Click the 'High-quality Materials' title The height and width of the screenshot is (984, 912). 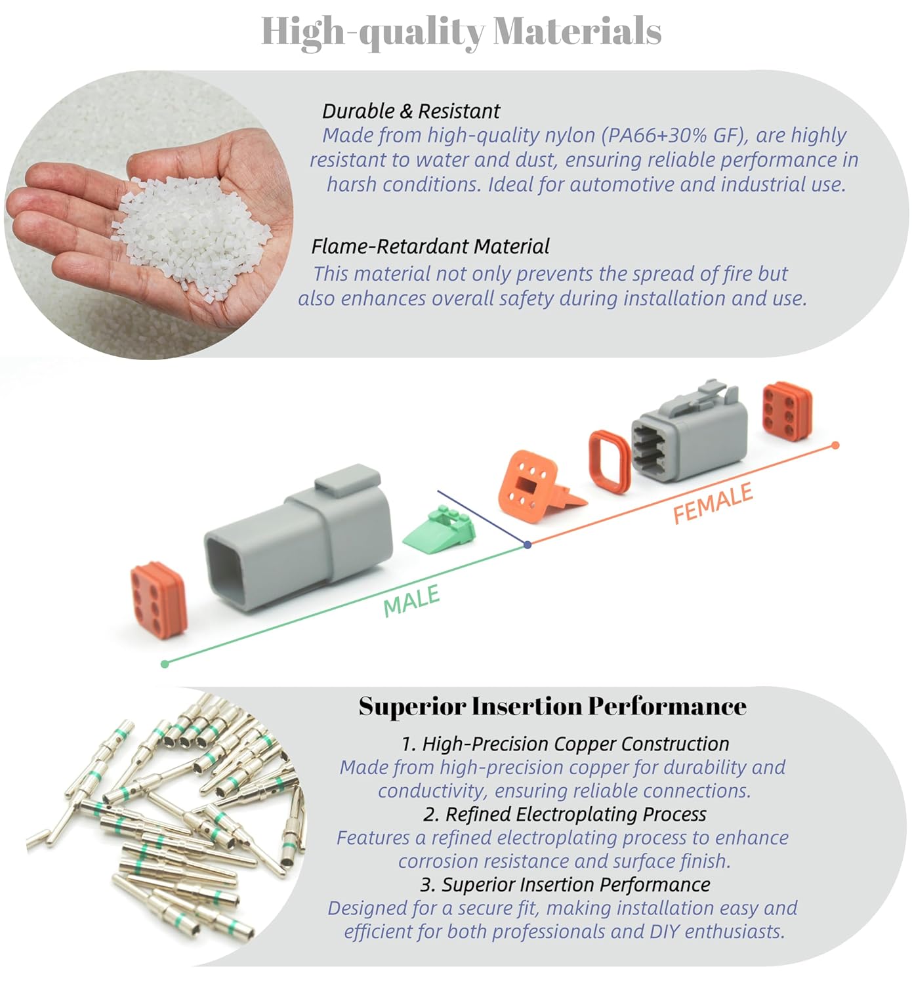pos(461,31)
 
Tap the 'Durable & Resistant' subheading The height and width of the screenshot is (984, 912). pos(411,111)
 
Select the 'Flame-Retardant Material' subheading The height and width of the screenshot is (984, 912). pos(430,247)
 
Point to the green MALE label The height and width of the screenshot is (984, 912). pos(411,600)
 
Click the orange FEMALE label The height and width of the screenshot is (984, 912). pos(713,503)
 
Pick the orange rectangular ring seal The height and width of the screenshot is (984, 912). pos(610,462)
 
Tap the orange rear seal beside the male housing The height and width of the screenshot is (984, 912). pos(159,598)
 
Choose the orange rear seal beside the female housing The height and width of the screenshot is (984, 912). pos(787,411)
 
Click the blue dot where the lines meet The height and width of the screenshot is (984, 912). pos(528,544)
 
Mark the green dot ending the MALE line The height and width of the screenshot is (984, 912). pos(165,664)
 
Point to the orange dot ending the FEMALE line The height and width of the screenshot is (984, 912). pos(835,445)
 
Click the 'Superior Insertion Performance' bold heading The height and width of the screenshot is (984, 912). pos(552,707)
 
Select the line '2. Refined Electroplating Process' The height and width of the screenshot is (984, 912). pos(564,814)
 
